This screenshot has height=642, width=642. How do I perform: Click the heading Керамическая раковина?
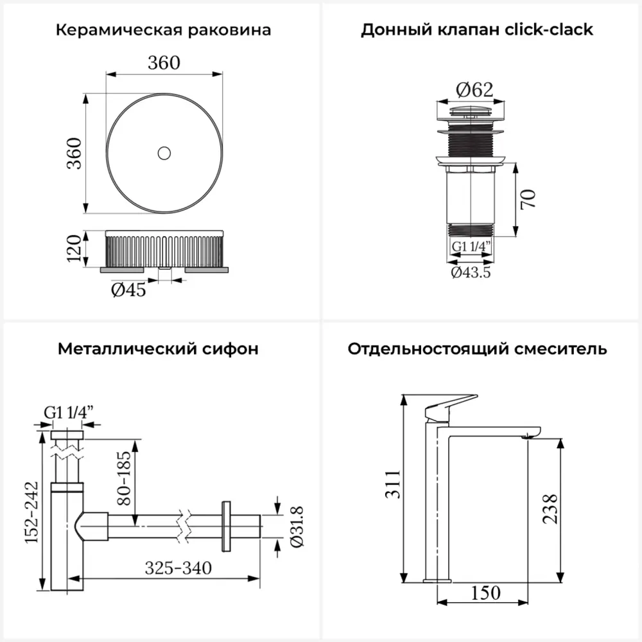point(163,30)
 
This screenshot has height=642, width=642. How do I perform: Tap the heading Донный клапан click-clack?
point(477,30)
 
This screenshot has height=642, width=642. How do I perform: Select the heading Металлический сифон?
point(158,349)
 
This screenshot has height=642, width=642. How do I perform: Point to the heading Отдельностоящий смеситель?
point(478,349)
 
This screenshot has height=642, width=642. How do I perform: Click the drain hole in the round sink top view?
point(164,153)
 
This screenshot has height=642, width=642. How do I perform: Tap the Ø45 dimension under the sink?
point(128,290)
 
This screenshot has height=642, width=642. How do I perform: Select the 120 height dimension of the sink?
point(74,248)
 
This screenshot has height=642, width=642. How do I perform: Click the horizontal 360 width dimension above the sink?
point(164,63)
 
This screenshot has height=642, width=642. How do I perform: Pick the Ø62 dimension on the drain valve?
point(474,90)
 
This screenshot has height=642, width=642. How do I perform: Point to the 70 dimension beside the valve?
point(528,200)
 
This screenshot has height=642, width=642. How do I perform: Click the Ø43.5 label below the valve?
point(471,272)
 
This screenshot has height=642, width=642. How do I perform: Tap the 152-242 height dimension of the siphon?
point(31,512)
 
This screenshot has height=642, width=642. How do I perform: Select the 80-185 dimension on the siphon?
point(124,478)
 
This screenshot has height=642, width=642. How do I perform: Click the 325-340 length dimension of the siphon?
point(178,568)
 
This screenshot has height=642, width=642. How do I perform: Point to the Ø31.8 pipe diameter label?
point(297,526)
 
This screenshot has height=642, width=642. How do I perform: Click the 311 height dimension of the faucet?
point(393,484)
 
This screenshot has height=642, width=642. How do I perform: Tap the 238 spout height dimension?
point(550,509)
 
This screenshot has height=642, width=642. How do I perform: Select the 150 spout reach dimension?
point(485,593)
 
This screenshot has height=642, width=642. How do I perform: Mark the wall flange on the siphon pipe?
point(226,526)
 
